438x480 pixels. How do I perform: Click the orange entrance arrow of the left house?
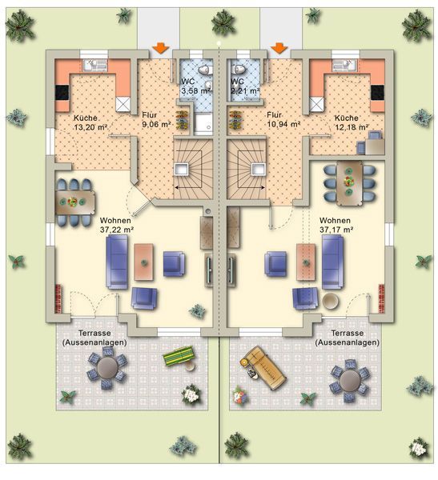tap(161, 48)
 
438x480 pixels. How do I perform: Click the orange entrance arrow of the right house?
tap(279, 48)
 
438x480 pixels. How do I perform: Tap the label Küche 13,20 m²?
tap(90, 122)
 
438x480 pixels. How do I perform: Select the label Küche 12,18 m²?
tap(352, 122)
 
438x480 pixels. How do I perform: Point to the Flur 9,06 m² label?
tap(156, 120)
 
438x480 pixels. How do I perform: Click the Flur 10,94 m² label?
tap(283, 120)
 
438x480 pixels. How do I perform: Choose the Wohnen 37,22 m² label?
tap(117, 225)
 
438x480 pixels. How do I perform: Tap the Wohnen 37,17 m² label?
tap(336, 225)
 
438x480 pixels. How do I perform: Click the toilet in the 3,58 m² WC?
tap(205, 70)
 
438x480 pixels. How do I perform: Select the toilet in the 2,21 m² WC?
tap(239, 70)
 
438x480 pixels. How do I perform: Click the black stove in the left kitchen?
tap(62, 93)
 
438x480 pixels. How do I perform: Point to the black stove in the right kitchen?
tap(377, 93)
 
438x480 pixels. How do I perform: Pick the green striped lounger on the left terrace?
tap(179, 355)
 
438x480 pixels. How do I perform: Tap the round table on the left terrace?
tap(107, 368)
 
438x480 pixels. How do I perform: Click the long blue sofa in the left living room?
tap(117, 262)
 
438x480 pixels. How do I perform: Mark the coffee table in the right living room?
tap(306, 262)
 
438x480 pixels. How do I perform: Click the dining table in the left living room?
tap(75, 202)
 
